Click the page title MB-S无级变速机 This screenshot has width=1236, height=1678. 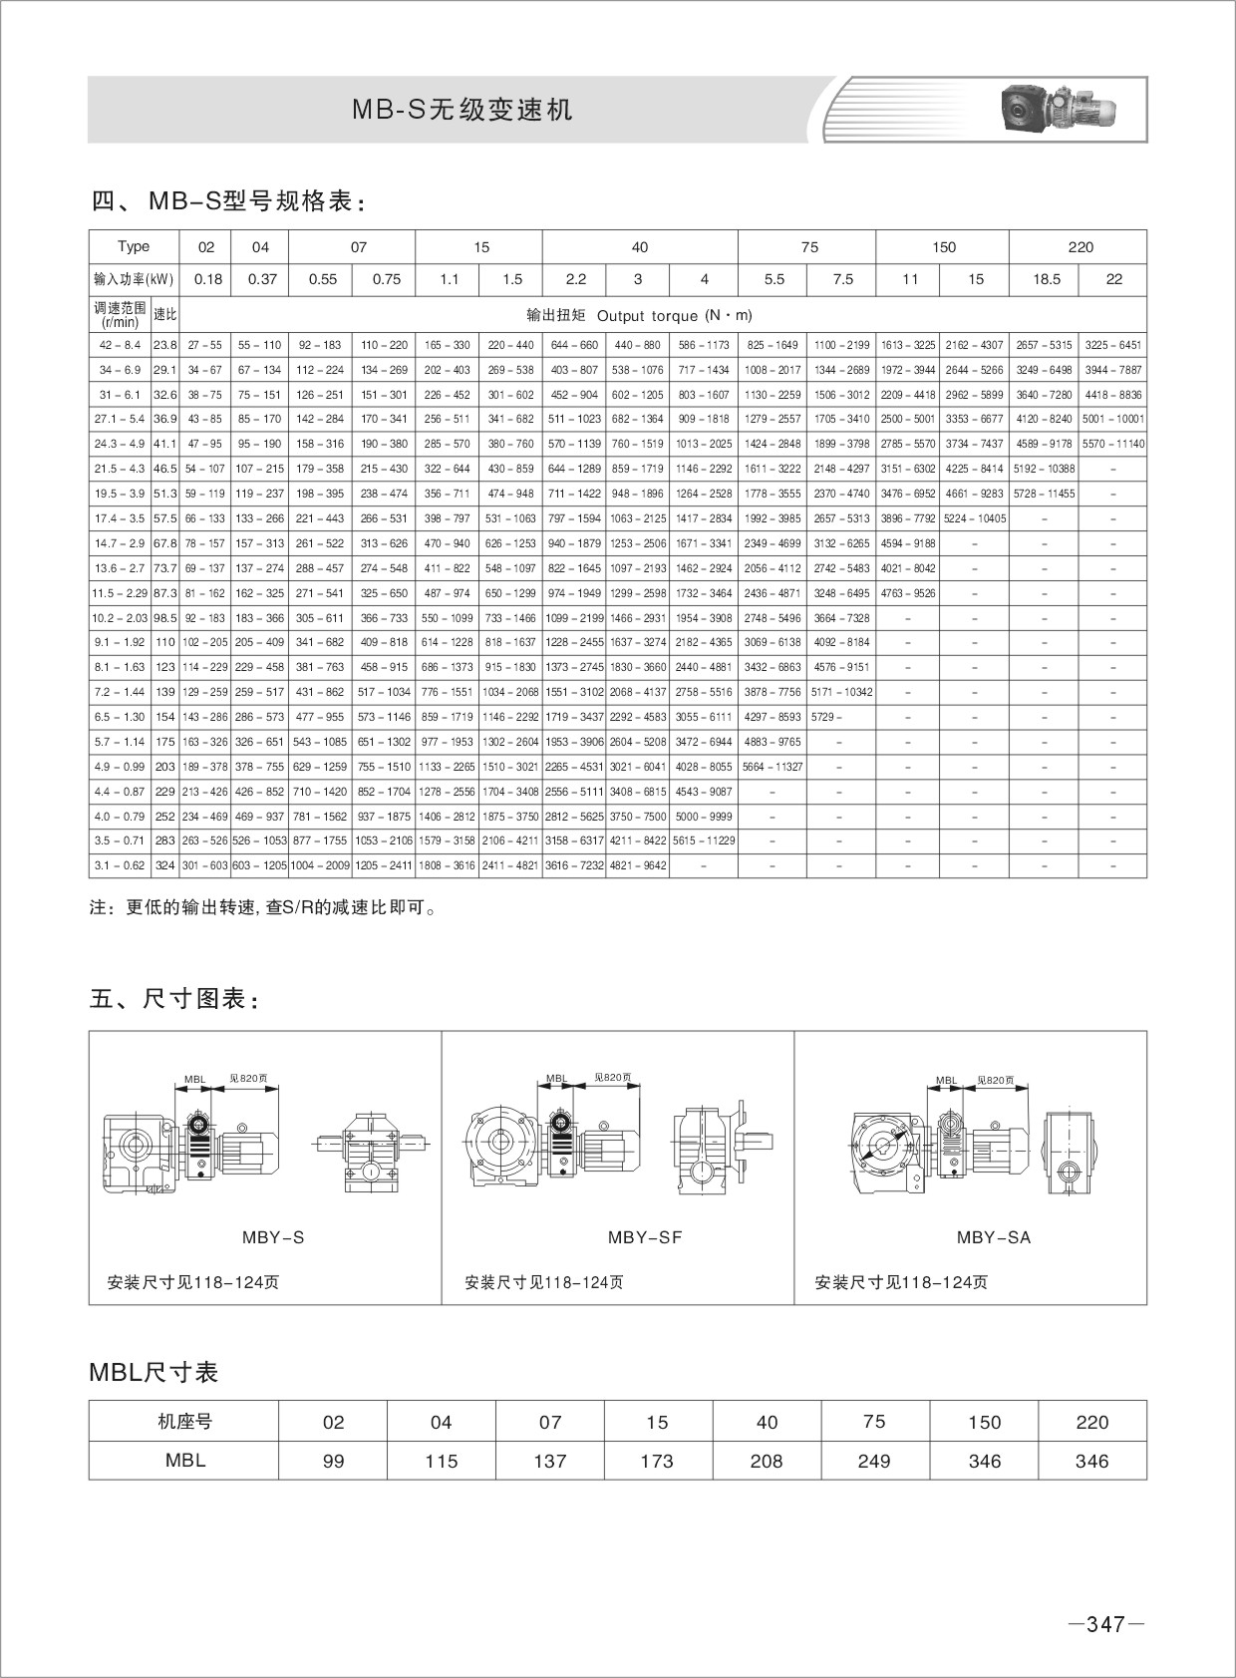(x=463, y=110)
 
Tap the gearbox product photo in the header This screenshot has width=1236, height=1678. (x=1057, y=109)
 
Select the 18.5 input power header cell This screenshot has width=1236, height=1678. (x=1046, y=279)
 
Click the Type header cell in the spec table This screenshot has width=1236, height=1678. (x=134, y=247)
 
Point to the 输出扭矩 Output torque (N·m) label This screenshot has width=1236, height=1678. (x=639, y=315)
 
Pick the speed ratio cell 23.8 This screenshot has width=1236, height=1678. (x=165, y=345)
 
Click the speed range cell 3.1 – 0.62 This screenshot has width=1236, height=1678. (x=120, y=865)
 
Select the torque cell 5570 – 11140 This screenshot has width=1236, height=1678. (x=1112, y=444)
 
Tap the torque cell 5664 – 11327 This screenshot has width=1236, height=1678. (x=772, y=767)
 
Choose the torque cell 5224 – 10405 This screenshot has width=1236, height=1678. (x=974, y=518)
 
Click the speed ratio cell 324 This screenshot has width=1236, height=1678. (x=165, y=865)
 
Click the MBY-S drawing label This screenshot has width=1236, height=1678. (x=273, y=1237)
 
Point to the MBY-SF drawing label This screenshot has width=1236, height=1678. (x=644, y=1237)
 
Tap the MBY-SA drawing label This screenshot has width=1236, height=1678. (x=993, y=1237)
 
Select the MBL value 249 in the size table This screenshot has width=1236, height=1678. (x=873, y=1461)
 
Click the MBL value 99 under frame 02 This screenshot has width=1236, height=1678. (x=333, y=1461)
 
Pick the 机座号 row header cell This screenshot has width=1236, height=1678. (x=184, y=1422)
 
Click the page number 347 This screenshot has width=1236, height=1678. (x=1105, y=1625)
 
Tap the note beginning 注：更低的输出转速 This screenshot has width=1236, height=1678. (x=263, y=908)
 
